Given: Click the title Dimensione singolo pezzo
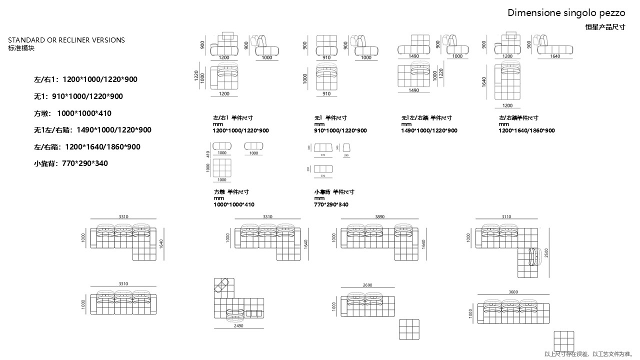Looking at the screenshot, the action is (x=566, y=13).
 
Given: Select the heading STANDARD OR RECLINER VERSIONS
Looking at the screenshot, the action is (x=66, y=40).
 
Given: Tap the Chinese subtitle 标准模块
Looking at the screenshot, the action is (x=21, y=48).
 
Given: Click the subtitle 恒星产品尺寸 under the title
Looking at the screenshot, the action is (x=604, y=27).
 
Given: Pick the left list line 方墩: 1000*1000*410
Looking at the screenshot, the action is (x=72, y=113).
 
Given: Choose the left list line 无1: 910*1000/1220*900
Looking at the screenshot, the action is (x=78, y=96).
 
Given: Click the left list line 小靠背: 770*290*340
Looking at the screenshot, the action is (x=71, y=163).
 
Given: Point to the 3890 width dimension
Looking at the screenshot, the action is (x=380, y=217).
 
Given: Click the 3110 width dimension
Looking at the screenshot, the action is (x=506, y=217).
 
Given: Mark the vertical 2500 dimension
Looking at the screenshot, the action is (x=546, y=253).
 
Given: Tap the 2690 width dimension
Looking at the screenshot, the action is (x=367, y=285).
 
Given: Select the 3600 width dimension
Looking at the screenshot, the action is (x=512, y=292).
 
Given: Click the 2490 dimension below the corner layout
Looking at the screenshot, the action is (x=238, y=325).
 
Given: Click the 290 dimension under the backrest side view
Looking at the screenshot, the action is (x=347, y=156).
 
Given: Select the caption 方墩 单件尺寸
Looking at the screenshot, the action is (x=231, y=192).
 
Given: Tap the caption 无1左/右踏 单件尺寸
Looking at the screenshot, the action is (x=426, y=118).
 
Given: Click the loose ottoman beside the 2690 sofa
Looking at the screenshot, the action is (x=409, y=329).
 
